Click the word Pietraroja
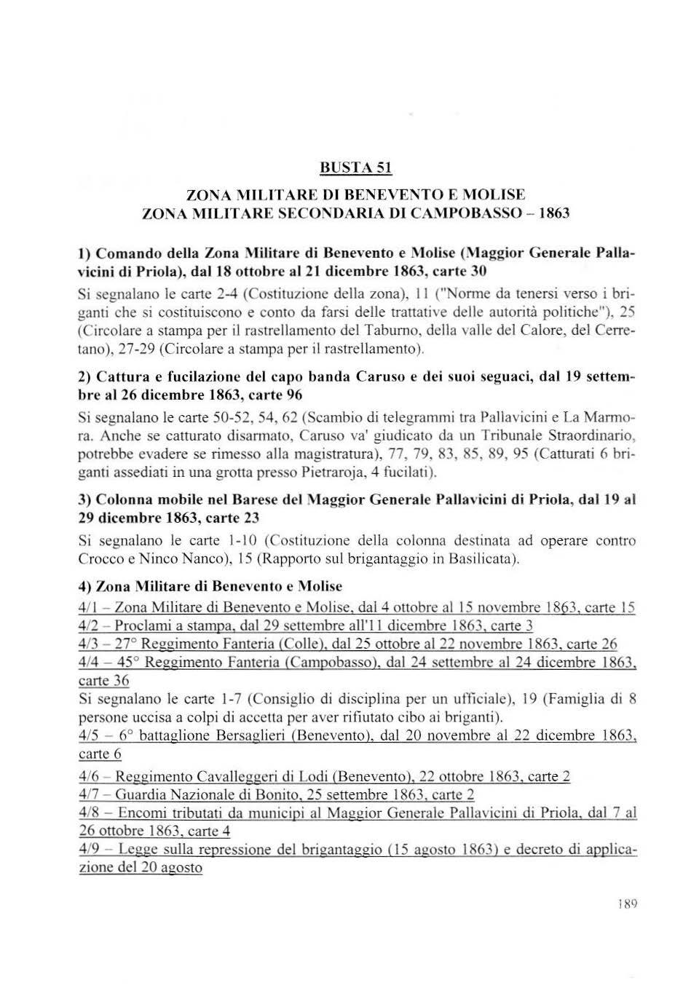336,473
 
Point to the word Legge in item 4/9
137,849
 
